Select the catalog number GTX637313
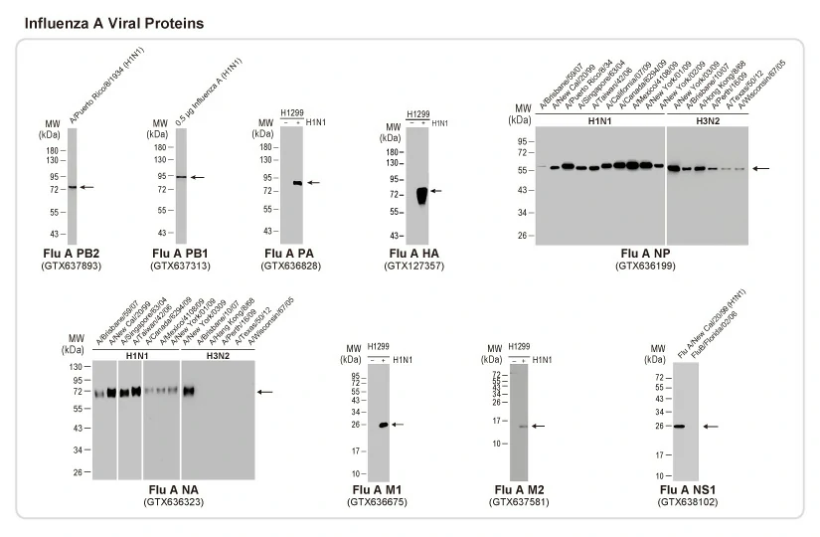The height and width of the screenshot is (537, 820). (x=182, y=266)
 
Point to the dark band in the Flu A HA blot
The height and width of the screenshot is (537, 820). (x=420, y=194)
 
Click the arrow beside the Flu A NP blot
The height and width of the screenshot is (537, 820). (x=761, y=169)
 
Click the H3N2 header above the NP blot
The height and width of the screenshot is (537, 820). (x=708, y=121)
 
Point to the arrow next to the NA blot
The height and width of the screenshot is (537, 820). (x=264, y=393)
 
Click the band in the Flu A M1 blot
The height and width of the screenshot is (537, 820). (x=382, y=425)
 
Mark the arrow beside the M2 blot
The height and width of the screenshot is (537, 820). (x=539, y=426)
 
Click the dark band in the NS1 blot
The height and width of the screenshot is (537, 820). (x=679, y=427)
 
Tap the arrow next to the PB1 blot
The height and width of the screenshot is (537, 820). (x=198, y=177)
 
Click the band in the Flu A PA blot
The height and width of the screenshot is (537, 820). (x=296, y=183)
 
